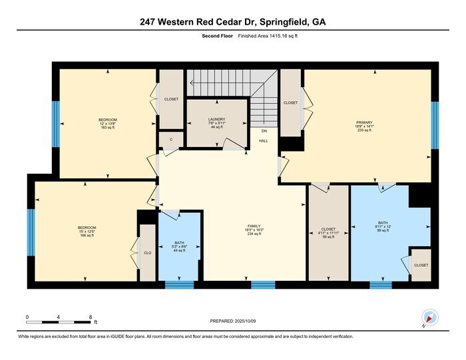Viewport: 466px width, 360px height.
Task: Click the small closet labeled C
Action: point(171,140)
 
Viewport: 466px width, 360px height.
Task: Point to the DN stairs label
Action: point(264,132)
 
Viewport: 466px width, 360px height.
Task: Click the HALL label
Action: point(264,141)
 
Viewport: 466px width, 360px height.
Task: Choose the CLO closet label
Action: point(147,253)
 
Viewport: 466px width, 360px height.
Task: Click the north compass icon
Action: point(429,318)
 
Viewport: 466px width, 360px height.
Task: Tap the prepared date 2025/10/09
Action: point(246,322)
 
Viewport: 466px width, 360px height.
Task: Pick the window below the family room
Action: point(263,285)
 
